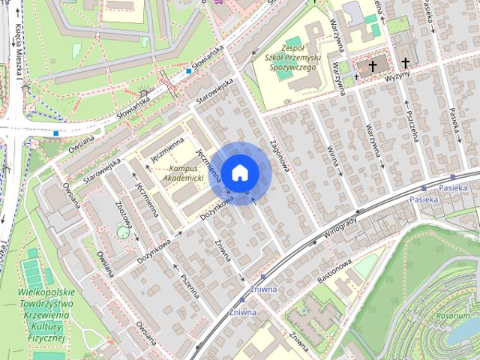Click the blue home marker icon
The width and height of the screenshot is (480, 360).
tap(240, 172)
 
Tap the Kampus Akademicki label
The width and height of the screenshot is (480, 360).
tap(176, 173)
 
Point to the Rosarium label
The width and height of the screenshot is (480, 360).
tap(453, 316)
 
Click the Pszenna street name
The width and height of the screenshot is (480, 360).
tap(189, 285)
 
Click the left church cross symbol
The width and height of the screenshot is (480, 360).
tap(372, 66)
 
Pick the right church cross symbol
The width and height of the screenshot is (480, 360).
tap(406, 63)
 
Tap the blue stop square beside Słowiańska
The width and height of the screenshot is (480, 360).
tap(188, 72)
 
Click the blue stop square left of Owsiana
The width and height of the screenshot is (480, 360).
tap(56, 134)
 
